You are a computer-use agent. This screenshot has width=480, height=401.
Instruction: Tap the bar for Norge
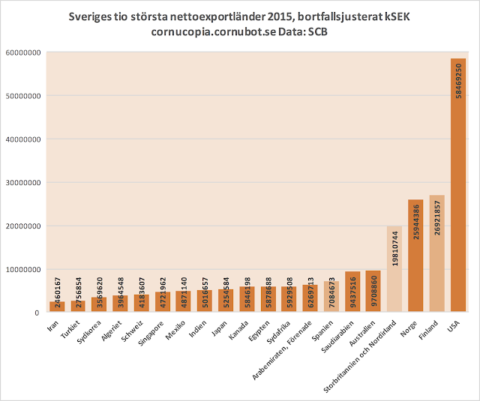click(x=415, y=256)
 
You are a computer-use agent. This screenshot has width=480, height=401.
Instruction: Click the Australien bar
click(x=373, y=292)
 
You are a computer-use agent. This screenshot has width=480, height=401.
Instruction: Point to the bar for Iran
click(x=57, y=307)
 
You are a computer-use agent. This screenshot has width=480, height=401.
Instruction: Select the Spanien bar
click(x=331, y=297)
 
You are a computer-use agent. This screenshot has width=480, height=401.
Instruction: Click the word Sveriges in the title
click(x=92, y=16)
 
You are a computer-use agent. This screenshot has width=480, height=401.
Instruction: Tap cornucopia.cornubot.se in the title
click(x=207, y=32)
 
